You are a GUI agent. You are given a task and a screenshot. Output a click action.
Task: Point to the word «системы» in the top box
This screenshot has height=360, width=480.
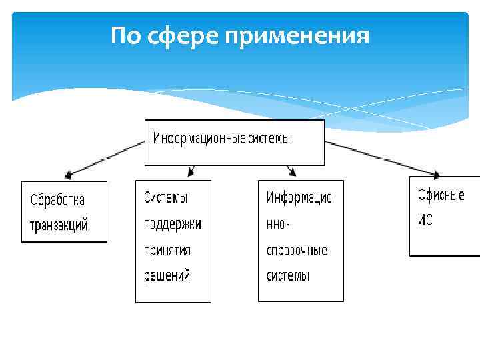pos(269,139)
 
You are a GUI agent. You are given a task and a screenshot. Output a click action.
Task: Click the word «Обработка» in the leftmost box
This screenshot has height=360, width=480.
pos(57,200)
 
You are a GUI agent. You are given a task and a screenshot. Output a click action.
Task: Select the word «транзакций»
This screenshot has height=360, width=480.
pos(59,225)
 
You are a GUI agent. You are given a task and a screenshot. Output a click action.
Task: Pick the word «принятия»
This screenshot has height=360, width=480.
pos(167,250)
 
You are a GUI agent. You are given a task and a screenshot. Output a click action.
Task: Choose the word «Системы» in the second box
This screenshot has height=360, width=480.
pos(166,198)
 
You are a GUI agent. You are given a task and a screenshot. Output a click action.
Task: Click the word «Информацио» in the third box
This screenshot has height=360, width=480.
pos(299,198)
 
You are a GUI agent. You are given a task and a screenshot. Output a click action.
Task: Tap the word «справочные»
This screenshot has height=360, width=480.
pos(297,251)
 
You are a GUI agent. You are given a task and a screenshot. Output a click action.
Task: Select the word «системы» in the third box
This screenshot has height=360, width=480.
pos(289,276)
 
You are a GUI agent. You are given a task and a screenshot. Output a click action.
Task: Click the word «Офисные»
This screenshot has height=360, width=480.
pos(441,195)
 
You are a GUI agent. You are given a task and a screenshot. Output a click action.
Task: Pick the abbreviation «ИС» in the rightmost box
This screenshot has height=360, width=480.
pos(425,221)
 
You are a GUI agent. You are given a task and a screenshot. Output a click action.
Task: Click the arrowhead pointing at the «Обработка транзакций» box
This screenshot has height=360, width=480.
pos(69,175)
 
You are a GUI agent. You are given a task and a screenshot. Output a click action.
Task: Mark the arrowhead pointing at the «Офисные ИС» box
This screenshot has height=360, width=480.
pos(435,174)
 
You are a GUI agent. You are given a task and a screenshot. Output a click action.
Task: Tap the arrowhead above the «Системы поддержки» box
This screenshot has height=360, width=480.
pos(191,172)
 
